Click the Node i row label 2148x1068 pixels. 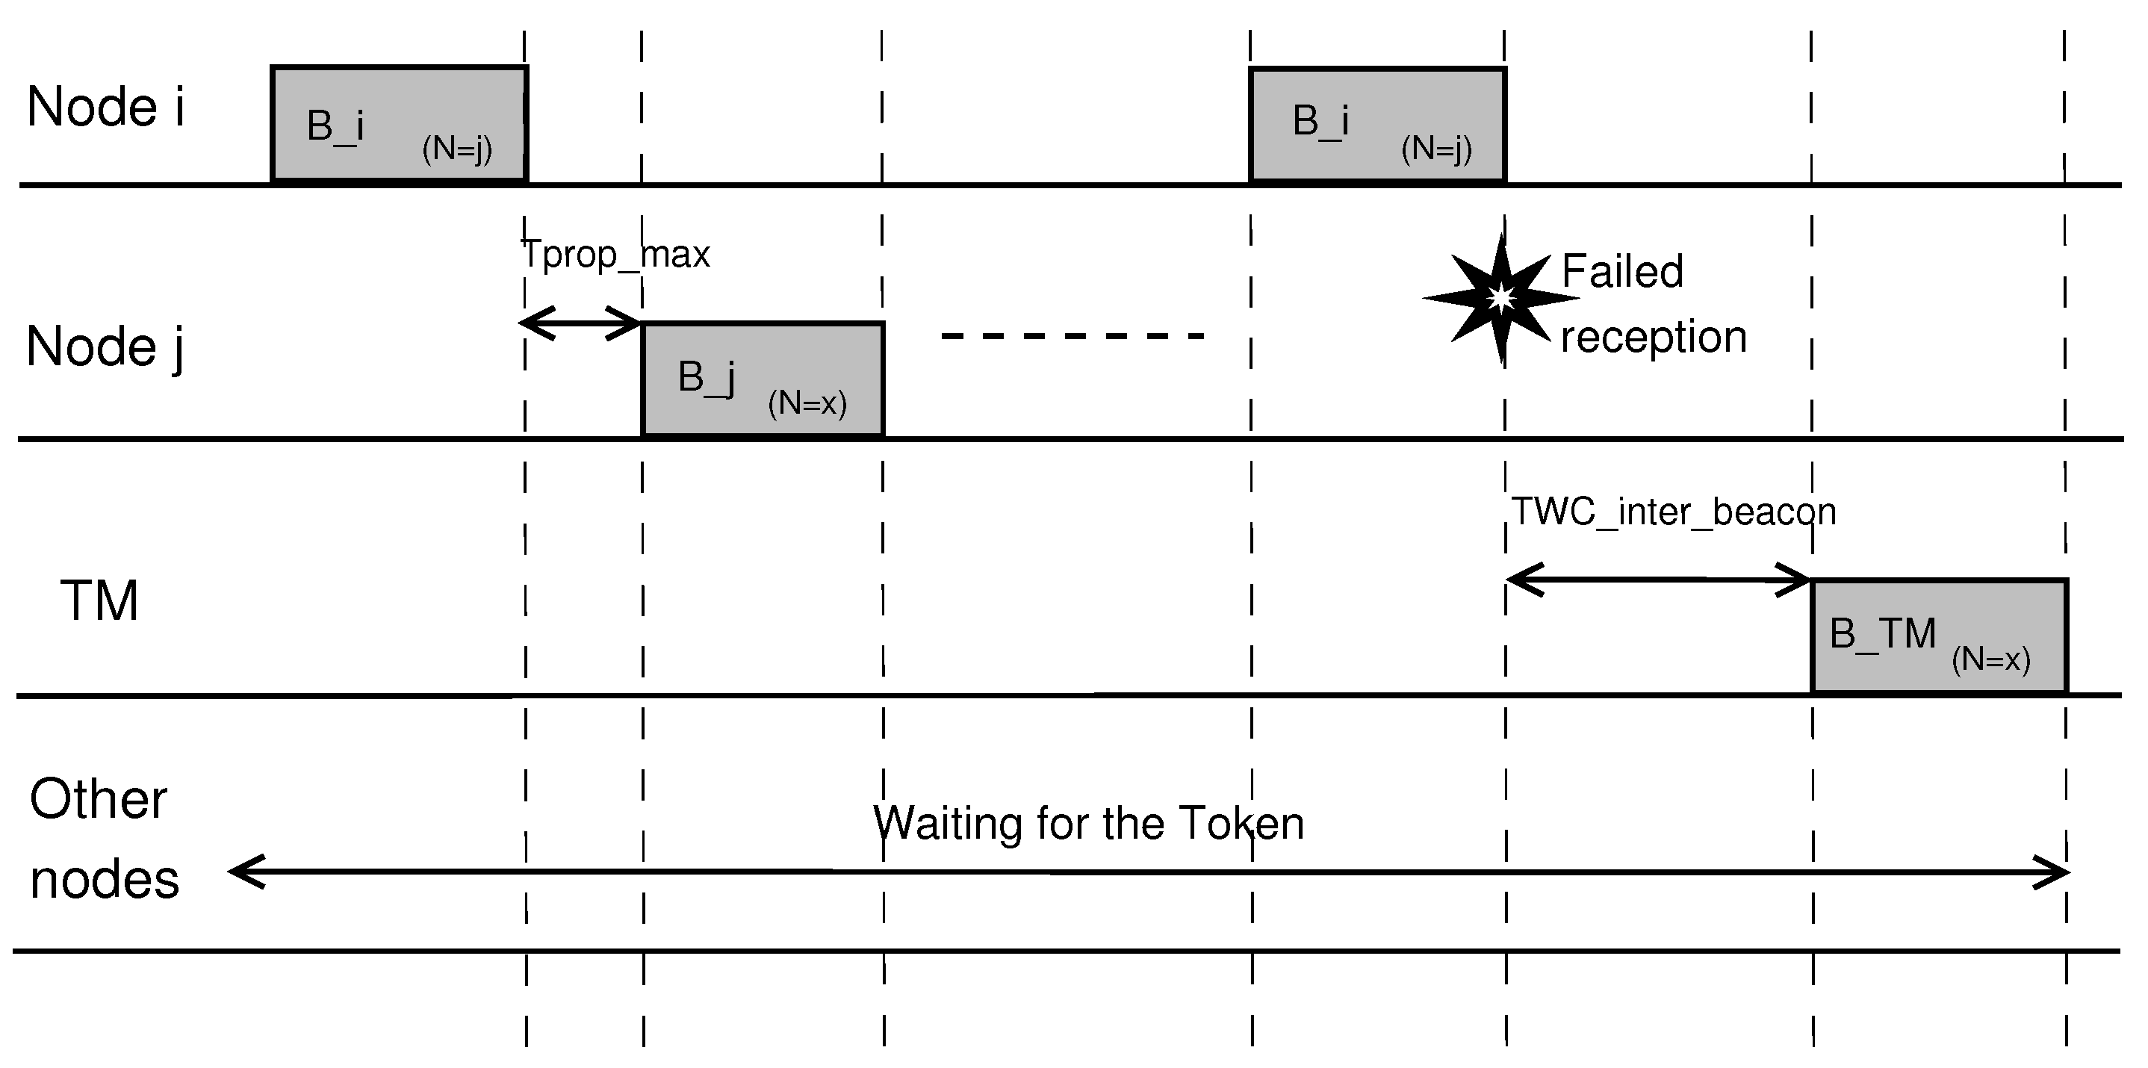click(x=105, y=108)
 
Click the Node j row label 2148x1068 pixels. click(x=105, y=347)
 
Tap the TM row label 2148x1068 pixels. click(x=99, y=601)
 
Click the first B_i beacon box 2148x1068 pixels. click(x=399, y=123)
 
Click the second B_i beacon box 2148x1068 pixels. click(x=1377, y=123)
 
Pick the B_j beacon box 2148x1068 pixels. click(x=762, y=379)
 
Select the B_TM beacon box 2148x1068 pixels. click(x=1939, y=636)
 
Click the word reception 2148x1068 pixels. click(x=1654, y=337)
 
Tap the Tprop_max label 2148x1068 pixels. click(x=615, y=254)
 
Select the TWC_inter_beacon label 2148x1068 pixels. click(x=1674, y=512)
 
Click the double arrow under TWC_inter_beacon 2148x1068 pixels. click(x=1658, y=580)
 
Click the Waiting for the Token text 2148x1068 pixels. click(x=1088, y=824)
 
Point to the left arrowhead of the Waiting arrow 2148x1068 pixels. click(x=245, y=872)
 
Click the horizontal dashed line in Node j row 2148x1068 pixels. click(x=1073, y=336)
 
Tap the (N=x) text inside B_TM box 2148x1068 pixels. click(x=1990, y=659)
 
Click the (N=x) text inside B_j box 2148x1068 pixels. click(x=807, y=403)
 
